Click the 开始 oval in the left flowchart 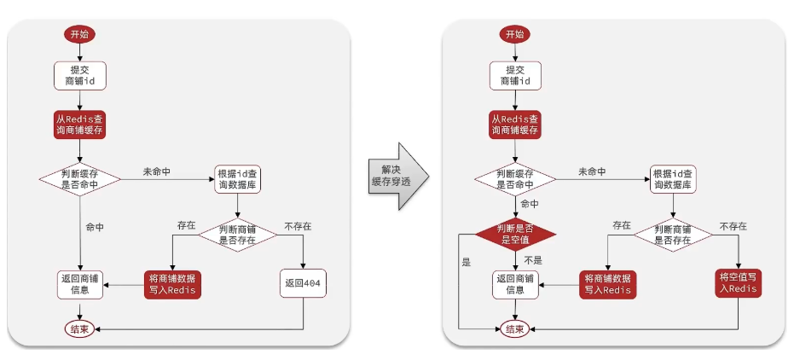click(80, 34)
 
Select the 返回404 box click(303, 282)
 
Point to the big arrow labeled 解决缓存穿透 click(398, 176)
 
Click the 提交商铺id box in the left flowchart click(80, 76)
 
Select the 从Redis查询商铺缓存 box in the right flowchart click(515, 124)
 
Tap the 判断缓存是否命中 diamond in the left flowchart click(80, 179)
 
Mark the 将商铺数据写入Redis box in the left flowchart click(171, 284)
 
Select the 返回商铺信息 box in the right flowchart click(515, 284)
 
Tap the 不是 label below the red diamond click(533, 260)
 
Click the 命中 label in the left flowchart click(96, 228)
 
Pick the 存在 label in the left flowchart click(187, 226)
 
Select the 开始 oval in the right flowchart click(515, 34)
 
